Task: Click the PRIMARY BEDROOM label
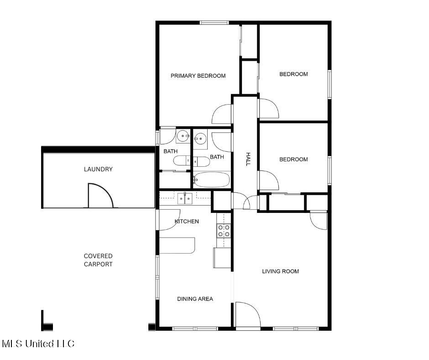198,76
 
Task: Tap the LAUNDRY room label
98,169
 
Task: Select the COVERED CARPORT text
98,260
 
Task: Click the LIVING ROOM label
280,271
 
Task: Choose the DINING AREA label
195,299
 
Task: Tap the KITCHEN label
187,222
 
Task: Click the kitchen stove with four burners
224,231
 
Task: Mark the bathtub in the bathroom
211,180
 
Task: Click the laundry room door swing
99,196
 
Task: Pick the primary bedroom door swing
223,114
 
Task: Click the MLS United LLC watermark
38,344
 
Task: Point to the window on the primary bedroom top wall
214,22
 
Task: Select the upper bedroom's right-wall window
330,84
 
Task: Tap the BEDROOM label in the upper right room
293,74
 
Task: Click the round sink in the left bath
183,136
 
